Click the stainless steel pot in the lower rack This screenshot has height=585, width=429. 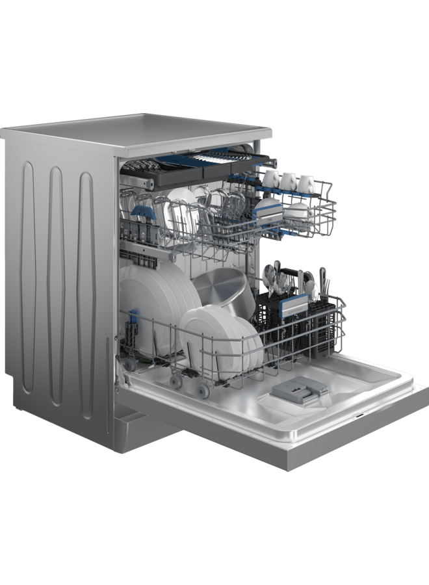(x=222, y=287)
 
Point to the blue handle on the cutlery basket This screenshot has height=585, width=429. (x=293, y=302)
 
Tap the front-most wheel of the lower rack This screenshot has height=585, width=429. (x=203, y=391)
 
